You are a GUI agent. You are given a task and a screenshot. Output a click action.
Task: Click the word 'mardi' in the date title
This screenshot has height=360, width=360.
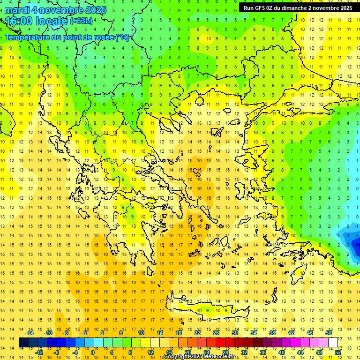17,10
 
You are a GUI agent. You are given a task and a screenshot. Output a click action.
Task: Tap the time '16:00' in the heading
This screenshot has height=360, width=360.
20,21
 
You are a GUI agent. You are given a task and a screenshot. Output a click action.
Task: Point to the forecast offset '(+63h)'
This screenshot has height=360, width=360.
81,21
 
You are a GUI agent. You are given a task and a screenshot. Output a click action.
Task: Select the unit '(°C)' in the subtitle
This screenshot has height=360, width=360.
122,37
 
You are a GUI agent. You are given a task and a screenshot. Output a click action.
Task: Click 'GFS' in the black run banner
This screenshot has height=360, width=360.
262,8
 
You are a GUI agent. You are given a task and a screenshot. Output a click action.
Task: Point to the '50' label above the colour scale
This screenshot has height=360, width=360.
329,333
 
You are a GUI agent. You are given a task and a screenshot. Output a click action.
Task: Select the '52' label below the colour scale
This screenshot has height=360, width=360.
338,352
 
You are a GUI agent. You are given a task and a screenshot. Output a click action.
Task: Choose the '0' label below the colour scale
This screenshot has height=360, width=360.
93,352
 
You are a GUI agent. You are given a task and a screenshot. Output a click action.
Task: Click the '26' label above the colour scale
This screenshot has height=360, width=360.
216,333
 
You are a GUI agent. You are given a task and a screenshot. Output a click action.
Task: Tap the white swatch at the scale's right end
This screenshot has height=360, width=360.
333,343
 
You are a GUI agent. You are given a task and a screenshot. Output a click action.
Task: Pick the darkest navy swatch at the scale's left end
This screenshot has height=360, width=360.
24,343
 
